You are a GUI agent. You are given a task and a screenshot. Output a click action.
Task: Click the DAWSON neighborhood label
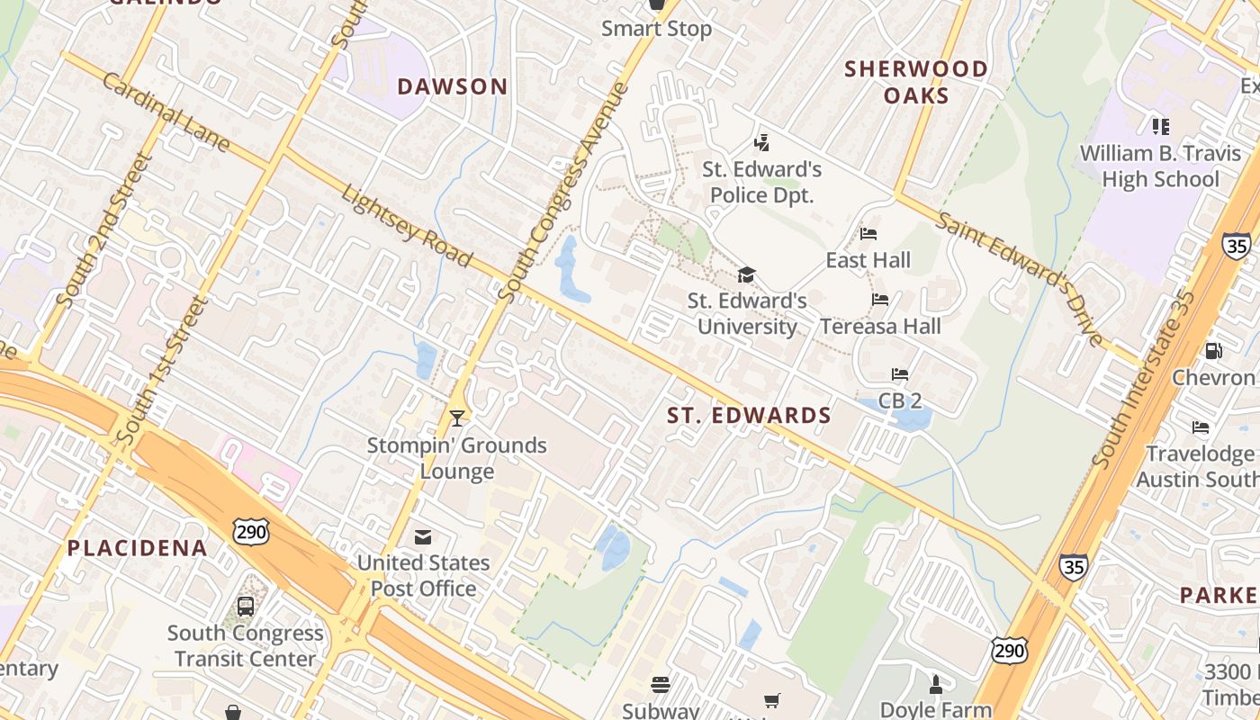point(453,86)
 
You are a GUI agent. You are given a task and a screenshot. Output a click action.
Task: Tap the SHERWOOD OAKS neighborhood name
point(916,82)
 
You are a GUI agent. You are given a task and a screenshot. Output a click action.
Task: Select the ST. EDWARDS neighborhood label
point(749,415)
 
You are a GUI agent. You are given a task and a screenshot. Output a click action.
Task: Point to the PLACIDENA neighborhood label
point(138,547)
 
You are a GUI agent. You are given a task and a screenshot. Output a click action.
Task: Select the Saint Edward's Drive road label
point(1021,278)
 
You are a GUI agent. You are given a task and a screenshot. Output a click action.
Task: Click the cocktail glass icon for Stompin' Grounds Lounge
point(457,418)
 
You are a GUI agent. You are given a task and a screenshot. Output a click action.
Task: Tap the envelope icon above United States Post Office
point(422,537)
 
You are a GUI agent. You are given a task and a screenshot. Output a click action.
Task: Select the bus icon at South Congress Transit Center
point(245,607)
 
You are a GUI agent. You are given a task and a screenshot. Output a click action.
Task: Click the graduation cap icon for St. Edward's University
point(746,274)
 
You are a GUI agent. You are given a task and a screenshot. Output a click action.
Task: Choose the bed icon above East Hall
point(868,234)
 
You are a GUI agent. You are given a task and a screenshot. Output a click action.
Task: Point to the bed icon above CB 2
point(899,373)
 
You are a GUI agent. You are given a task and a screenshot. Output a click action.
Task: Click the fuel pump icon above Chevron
point(1213,350)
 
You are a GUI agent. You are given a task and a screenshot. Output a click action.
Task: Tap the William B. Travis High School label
point(1160,166)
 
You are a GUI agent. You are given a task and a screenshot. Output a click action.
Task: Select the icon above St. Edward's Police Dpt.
point(761,142)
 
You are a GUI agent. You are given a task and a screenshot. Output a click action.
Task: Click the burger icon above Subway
point(661,685)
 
